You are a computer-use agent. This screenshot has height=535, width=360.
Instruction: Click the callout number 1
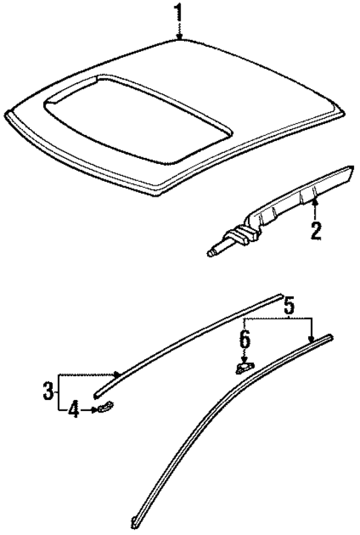pyautogui.click(x=177, y=13)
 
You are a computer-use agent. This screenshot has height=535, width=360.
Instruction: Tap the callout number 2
pyautogui.click(x=315, y=230)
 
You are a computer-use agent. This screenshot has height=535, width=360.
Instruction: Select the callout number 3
pyautogui.click(x=47, y=388)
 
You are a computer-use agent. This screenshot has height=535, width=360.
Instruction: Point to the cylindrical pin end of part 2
pyautogui.click(x=214, y=253)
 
